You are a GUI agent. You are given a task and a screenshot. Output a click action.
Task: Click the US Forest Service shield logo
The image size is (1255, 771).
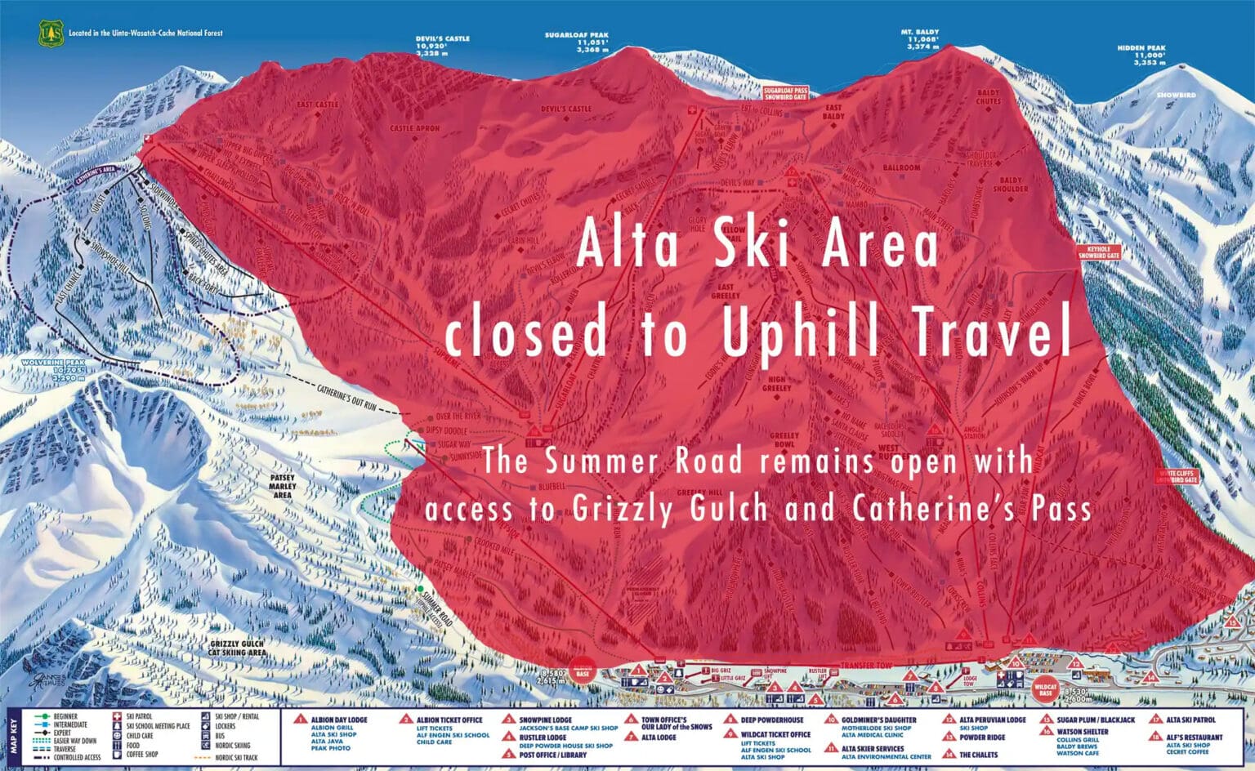coord(51,33)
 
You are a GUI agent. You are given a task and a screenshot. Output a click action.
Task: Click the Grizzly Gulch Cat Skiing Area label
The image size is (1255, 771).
coord(237,648)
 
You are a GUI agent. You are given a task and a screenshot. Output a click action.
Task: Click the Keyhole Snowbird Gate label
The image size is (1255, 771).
coord(1098,252)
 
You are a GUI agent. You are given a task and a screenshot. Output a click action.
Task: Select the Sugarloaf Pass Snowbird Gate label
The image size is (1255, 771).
coord(785,93)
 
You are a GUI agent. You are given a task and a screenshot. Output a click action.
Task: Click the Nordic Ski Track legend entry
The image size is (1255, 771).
coord(237,757)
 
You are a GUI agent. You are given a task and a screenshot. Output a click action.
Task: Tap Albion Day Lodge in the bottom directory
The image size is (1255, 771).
coord(338,720)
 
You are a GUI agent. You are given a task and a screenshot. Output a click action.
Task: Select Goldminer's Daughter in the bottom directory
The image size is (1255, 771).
coord(878,720)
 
